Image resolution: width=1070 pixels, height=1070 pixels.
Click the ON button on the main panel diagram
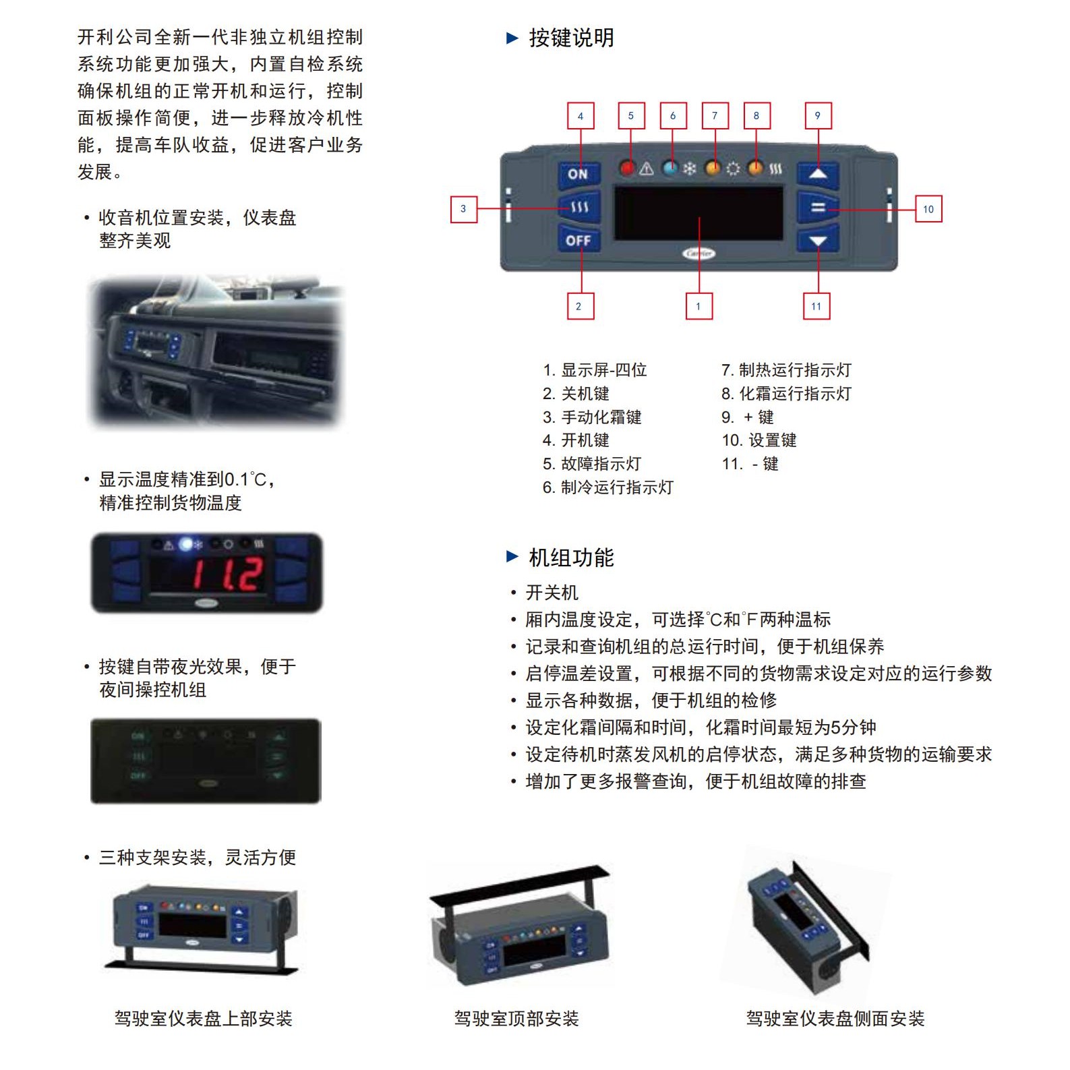click(x=578, y=174)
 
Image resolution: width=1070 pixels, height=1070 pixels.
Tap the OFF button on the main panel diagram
click(x=578, y=240)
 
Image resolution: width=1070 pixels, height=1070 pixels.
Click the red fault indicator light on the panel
click(x=628, y=169)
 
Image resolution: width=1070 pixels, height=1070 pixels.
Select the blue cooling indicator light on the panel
click(x=670, y=169)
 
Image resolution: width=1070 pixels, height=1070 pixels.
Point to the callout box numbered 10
click(x=928, y=209)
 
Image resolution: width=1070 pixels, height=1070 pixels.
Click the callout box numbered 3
click(x=463, y=209)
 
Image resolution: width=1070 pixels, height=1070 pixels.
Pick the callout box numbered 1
click(x=699, y=306)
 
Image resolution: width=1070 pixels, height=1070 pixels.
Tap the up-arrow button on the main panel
click(x=818, y=174)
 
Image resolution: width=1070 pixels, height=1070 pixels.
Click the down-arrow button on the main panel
click(x=818, y=241)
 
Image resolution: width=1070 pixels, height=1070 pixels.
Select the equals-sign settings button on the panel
click(x=818, y=208)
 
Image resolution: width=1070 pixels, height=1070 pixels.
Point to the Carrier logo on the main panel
click(x=699, y=254)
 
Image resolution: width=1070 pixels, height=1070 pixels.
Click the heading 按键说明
click(x=571, y=38)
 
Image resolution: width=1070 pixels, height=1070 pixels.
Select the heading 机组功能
click(x=571, y=558)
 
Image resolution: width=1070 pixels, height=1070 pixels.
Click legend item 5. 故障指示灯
click(x=591, y=464)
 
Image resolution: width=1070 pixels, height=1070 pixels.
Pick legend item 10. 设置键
click(x=759, y=440)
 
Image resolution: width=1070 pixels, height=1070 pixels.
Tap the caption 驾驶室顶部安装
click(x=516, y=1018)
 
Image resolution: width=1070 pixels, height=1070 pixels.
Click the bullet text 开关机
click(x=552, y=593)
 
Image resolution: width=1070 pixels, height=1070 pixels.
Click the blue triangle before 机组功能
click(x=512, y=556)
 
